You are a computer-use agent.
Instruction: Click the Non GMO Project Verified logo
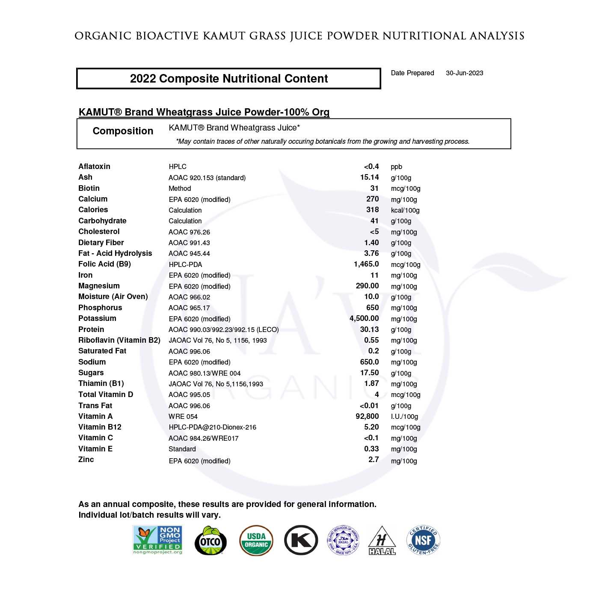(158, 540)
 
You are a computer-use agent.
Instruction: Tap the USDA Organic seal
(256, 540)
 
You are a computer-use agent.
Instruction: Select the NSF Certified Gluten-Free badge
(423, 540)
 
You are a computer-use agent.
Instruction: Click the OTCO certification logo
(211, 541)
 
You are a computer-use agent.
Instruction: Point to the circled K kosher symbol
(301, 540)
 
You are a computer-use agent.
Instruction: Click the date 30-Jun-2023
(464, 73)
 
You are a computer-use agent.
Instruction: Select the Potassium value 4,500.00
(364, 318)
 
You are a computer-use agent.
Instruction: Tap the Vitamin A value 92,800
(367, 416)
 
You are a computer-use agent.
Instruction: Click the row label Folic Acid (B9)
(104, 264)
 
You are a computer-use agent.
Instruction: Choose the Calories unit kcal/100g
(405, 211)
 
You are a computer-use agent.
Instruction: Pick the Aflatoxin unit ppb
(396, 167)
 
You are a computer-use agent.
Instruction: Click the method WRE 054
(183, 417)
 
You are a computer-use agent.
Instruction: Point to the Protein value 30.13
(369, 329)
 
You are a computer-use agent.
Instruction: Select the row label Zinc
(86, 460)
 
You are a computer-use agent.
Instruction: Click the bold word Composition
(123, 131)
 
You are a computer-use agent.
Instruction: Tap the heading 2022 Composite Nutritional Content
(229, 79)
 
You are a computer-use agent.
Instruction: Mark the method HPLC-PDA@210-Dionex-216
(212, 427)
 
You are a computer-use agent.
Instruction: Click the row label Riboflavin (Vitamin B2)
(119, 340)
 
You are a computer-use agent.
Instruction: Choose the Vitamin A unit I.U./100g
(404, 417)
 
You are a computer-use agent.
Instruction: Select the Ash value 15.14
(369, 177)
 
